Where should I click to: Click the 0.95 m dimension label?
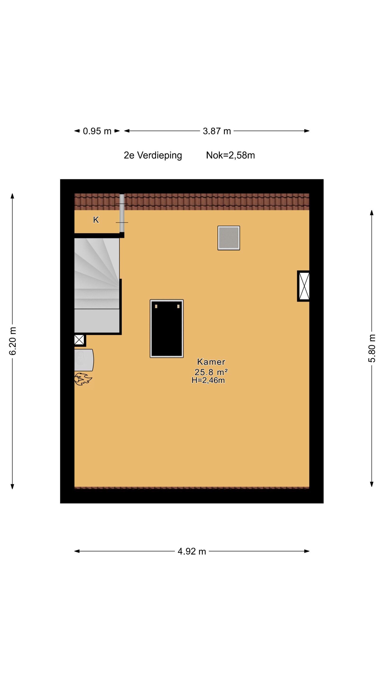[97, 131]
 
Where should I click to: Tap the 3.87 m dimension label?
[217, 131]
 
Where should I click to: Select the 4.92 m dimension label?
[192, 552]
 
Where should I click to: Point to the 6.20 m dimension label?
[13, 341]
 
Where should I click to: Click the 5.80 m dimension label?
[372, 348]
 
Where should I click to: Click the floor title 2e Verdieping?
[153, 155]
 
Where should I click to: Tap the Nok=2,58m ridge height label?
[231, 155]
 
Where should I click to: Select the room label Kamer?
[211, 362]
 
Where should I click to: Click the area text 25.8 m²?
[211, 372]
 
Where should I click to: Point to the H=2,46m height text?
[208, 381]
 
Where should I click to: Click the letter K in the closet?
[96, 220]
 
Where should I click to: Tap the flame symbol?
[83, 379]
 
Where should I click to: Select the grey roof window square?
[229, 238]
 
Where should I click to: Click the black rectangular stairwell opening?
[167, 328]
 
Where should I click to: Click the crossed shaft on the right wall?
[304, 286]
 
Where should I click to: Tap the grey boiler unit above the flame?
[84, 360]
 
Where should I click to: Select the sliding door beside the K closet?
[122, 213]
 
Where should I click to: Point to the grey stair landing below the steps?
[97, 321]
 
